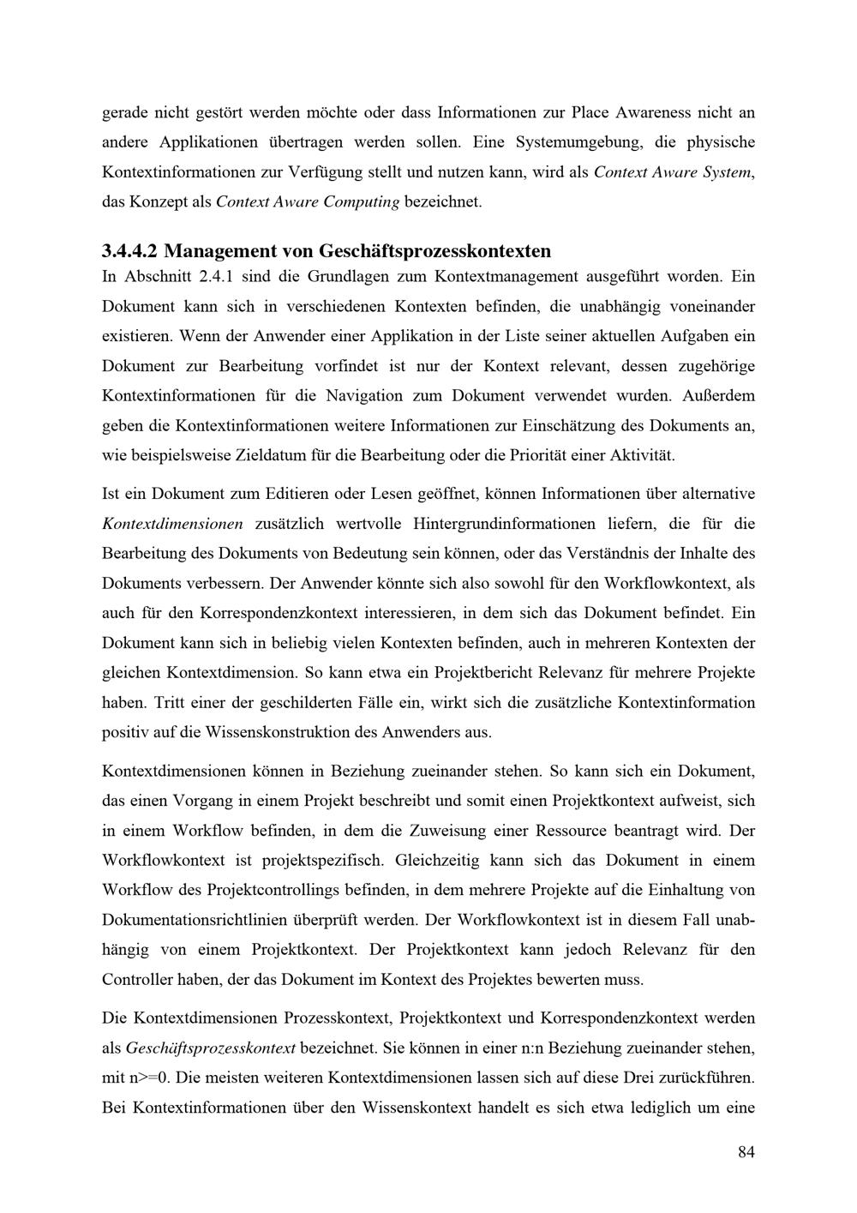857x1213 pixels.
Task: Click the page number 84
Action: pyautogui.click(x=746, y=1152)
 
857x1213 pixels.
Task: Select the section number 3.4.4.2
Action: pyautogui.click(x=129, y=251)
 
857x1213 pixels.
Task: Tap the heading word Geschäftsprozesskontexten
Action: pyautogui.click(x=434, y=251)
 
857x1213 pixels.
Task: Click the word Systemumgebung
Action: pyautogui.click(x=576, y=141)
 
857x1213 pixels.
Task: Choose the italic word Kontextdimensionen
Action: pyautogui.click(x=172, y=524)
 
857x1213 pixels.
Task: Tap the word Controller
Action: pyautogui.click(x=137, y=979)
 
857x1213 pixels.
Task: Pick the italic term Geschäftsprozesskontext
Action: pyautogui.click(x=211, y=1048)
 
